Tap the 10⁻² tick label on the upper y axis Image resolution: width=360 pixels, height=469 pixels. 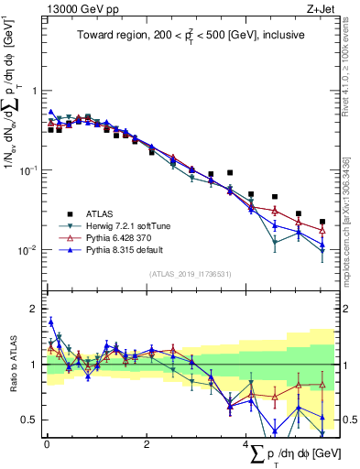28,250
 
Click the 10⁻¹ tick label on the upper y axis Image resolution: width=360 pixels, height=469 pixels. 28,170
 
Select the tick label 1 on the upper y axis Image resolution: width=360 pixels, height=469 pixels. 34,92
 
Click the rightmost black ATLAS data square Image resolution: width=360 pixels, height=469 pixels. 322,222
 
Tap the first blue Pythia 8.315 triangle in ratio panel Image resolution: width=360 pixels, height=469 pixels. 51,322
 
